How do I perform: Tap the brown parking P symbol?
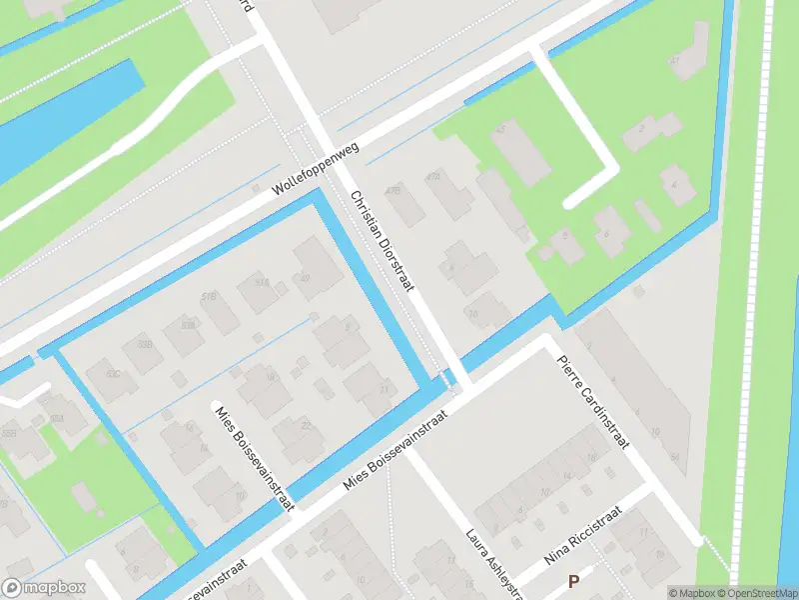click(x=573, y=581)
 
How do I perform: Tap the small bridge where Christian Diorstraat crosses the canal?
click(x=449, y=378)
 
